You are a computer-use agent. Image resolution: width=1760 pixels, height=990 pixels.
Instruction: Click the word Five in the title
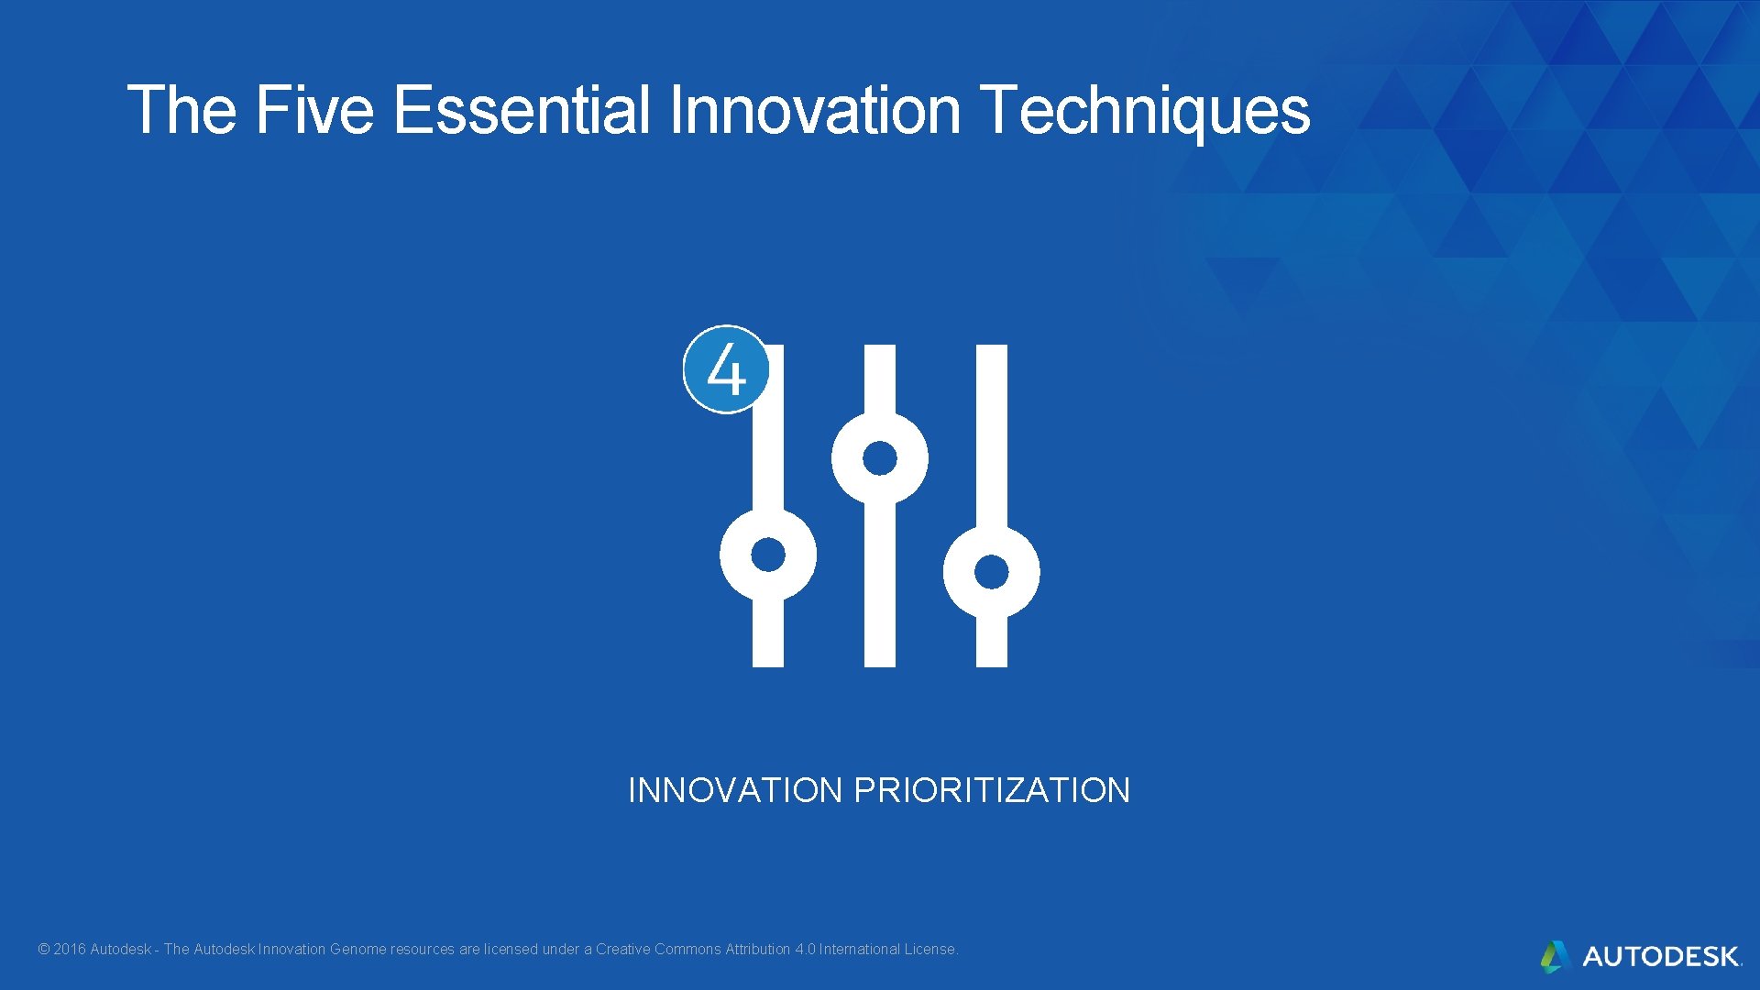click(x=313, y=110)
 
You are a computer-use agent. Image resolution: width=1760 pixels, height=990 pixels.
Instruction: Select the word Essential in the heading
click(x=522, y=110)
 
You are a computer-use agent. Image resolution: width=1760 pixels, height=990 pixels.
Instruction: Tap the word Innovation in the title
click(x=815, y=110)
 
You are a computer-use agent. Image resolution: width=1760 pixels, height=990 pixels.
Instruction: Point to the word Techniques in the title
click(x=1145, y=110)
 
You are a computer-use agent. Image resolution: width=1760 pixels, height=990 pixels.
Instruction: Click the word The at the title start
click(x=181, y=110)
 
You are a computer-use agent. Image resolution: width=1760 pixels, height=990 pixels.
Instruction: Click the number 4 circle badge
click(x=726, y=369)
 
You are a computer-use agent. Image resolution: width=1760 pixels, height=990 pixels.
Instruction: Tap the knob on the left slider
click(x=768, y=555)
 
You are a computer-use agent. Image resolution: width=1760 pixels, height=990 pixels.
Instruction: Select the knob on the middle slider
click(x=880, y=458)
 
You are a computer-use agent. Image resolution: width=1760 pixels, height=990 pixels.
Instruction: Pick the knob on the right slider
click(x=992, y=571)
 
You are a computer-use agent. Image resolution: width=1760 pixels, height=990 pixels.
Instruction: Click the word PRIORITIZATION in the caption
click(x=992, y=790)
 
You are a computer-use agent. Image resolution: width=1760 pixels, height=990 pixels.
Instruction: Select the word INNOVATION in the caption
click(x=735, y=790)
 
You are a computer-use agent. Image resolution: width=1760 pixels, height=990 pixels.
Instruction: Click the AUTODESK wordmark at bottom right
click(x=1661, y=957)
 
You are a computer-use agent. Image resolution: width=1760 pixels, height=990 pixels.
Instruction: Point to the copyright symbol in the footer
click(x=43, y=950)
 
